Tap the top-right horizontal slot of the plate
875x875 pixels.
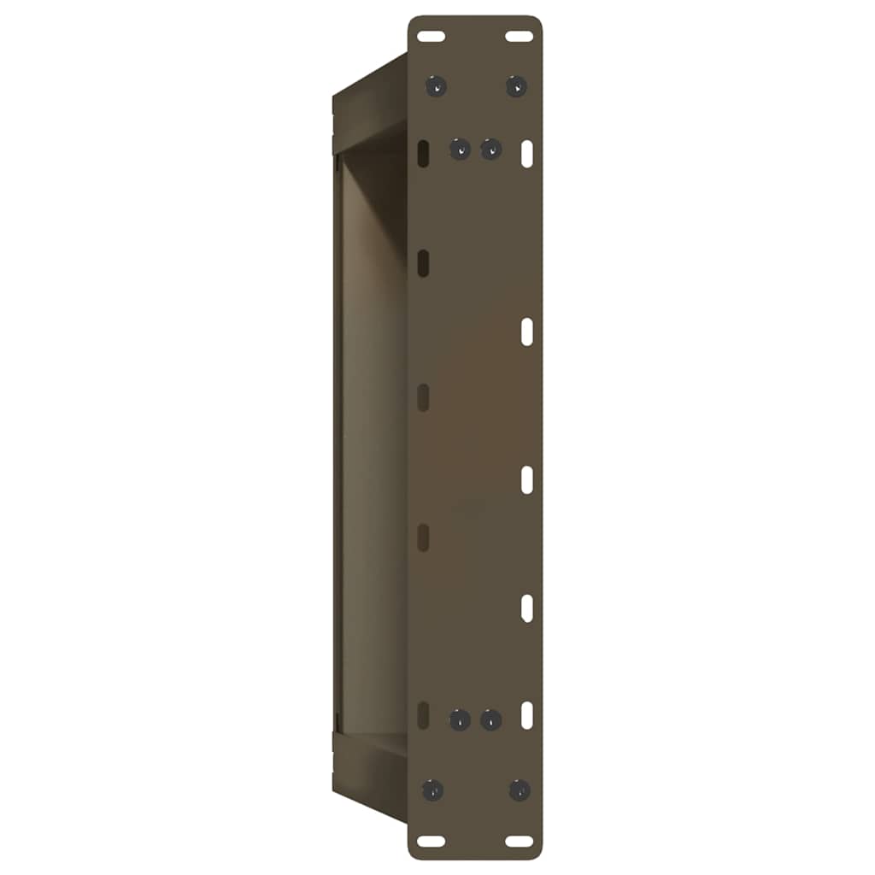(519, 37)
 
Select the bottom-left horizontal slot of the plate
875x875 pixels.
(432, 841)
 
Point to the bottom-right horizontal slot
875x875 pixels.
(519, 841)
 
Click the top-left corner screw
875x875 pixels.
(437, 85)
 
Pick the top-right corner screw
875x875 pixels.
(516, 85)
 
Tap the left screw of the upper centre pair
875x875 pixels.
(461, 150)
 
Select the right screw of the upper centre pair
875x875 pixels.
(490, 150)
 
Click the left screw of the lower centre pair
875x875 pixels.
(461, 719)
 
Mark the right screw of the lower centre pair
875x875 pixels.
(490, 719)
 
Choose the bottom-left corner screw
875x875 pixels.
(434, 790)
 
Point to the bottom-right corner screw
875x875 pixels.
(519, 790)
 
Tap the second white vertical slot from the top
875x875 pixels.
(528, 332)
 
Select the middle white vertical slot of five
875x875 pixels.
(528, 479)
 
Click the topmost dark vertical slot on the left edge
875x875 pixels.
(423, 154)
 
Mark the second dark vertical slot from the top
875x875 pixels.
(423, 264)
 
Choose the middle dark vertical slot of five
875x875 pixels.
(423, 397)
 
